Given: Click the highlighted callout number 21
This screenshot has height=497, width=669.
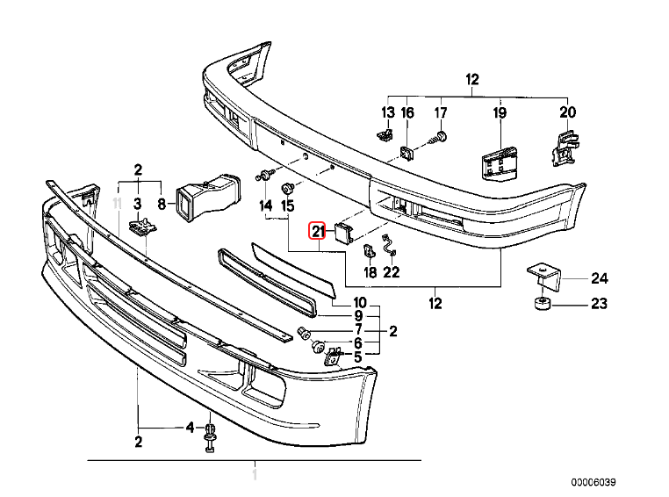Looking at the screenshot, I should (x=317, y=232).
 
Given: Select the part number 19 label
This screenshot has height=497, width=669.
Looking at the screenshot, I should (x=500, y=112).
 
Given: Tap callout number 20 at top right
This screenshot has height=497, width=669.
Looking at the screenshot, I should (x=568, y=112).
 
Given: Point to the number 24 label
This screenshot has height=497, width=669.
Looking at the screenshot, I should (x=599, y=279).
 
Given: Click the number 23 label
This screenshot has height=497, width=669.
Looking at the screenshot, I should (x=599, y=306).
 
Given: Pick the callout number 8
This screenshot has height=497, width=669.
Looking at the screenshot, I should (x=162, y=205).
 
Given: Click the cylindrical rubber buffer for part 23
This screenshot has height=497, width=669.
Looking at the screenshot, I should (x=541, y=306).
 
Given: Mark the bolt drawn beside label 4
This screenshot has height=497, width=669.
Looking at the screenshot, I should (x=210, y=437).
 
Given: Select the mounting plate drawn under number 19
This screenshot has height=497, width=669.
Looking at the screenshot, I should (x=497, y=162).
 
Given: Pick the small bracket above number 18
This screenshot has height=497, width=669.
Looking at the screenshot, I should (x=370, y=252).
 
